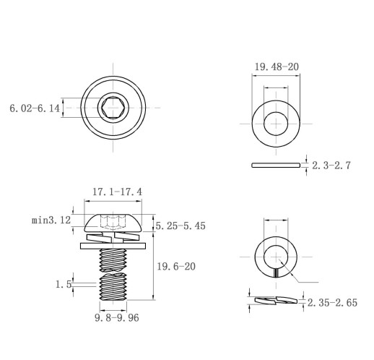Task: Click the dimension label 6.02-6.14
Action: click(x=35, y=108)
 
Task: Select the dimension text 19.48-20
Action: click(x=277, y=67)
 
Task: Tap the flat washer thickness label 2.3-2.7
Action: click(x=331, y=166)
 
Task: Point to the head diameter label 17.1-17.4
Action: click(x=117, y=192)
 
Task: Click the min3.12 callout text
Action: click(x=51, y=220)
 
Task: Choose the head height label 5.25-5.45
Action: click(x=181, y=226)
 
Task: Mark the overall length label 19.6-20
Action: click(x=176, y=267)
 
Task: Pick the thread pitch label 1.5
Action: click(x=64, y=284)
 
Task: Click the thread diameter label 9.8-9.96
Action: click(x=117, y=318)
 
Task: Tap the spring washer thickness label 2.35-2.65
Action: click(x=332, y=303)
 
